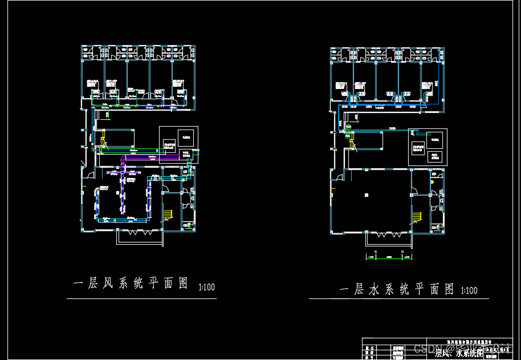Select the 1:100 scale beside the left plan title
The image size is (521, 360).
pos(206,287)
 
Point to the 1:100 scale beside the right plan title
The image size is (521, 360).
pos(469,290)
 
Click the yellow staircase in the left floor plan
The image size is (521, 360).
pos(168,215)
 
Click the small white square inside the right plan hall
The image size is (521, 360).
pos(366,195)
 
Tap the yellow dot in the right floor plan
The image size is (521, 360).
pos(432,181)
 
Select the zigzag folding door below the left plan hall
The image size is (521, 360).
pos(139,232)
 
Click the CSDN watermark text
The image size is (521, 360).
pos(425,348)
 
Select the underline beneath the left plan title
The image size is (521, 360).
pos(133,298)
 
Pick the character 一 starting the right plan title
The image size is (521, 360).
pos(344,289)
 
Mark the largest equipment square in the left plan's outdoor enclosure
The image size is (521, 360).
pos(185,136)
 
